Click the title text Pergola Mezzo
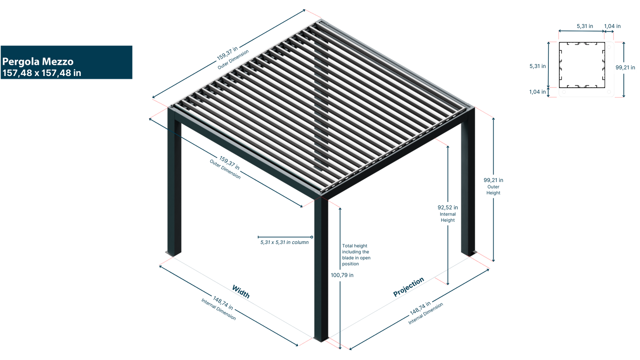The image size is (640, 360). (x=38, y=62)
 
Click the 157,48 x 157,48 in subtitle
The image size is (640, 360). (x=42, y=73)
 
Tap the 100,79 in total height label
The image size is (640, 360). (x=342, y=275)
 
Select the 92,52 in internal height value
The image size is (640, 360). (x=448, y=208)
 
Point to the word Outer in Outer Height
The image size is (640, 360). (x=493, y=187)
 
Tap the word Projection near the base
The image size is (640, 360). (x=408, y=287)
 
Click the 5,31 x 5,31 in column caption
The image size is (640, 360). (x=284, y=242)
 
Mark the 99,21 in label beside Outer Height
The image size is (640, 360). (x=493, y=180)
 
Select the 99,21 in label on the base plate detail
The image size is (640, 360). (x=625, y=68)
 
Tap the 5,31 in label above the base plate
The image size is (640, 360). (x=584, y=26)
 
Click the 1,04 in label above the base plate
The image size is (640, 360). (x=612, y=26)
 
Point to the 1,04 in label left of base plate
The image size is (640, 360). (x=537, y=92)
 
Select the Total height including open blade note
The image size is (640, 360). (x=356, y=255)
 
